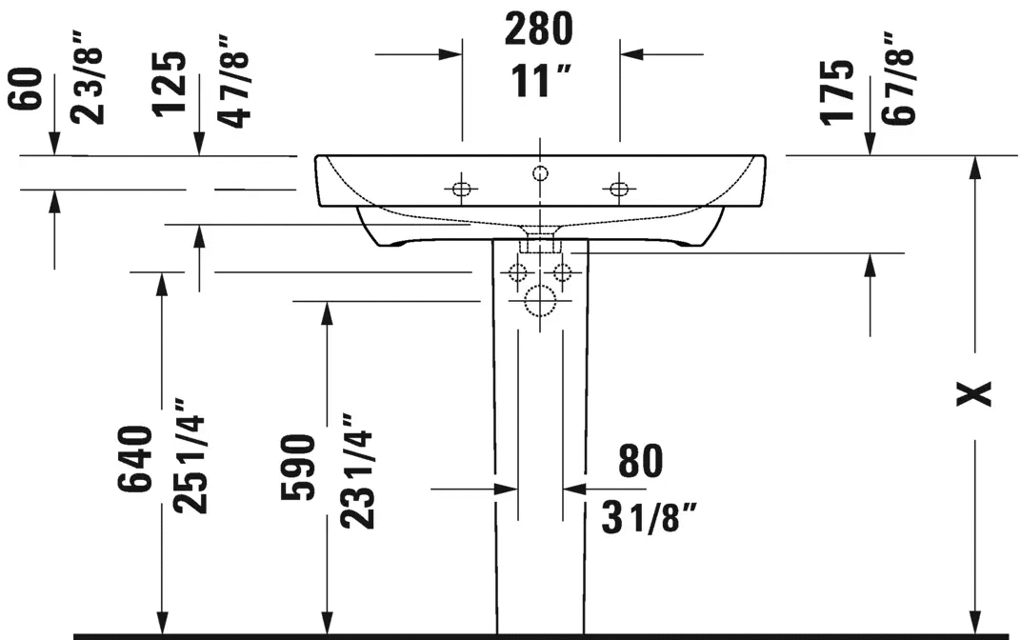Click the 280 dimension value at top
539,30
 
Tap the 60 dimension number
26,89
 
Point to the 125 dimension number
170,84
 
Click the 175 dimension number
836,91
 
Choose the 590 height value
298,468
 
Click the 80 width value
641,460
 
